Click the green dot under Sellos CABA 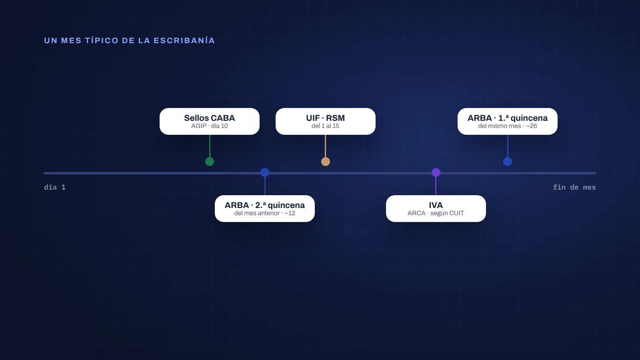[210, 162]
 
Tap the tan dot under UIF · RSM [326, 162]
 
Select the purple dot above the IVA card [436, 172]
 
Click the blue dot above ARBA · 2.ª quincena [264, 172]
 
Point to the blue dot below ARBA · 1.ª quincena [508, 162]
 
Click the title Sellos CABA [210, 118]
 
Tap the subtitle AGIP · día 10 [210, 126]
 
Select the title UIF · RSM [326, 118]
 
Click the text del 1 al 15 [326, 126]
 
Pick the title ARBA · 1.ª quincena [508, 118]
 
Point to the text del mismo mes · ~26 [508, 126]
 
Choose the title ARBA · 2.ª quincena [264, 205]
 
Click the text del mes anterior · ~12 [264, 213]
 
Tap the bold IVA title [436, 205]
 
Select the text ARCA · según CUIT [436, 213]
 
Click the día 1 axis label [55, 188]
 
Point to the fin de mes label [574, 188]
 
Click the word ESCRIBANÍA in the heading [184, 40]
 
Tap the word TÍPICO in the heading [102, 40]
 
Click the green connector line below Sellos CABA [210, 146]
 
